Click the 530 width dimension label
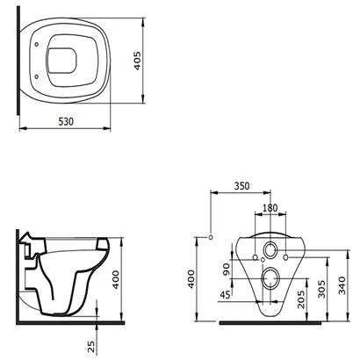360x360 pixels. (66, 121)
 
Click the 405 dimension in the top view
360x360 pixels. (137, 61)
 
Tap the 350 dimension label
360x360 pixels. (241, 186)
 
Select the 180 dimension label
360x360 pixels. (270, 208)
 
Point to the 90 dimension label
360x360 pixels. (227, 270)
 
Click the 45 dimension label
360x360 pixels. (225, 295)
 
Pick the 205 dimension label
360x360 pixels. (300, 299)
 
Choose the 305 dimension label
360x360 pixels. (321, 289)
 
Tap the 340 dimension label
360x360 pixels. (342, 285)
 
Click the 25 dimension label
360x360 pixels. (91, 346)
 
